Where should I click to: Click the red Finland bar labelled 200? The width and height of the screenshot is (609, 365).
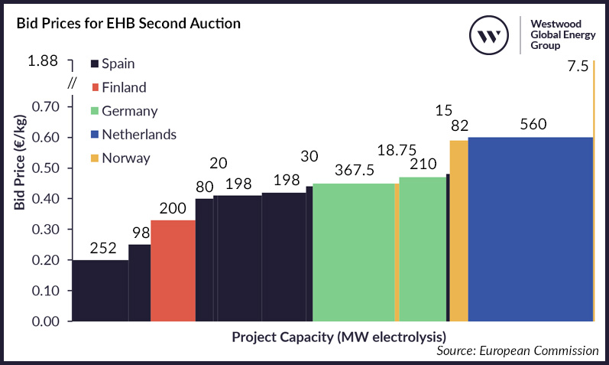(173, 271)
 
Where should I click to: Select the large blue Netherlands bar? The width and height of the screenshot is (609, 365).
(530, 230)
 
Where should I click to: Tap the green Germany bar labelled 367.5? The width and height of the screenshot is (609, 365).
(353, 253)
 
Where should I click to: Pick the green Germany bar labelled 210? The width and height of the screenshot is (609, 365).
(423, 249)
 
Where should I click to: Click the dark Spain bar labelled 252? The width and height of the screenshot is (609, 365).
(100, 291)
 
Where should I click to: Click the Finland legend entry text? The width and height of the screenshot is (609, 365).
(123, 87)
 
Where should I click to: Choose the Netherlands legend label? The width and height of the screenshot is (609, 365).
(138, 135)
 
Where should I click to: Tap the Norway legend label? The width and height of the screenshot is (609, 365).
(125, 158)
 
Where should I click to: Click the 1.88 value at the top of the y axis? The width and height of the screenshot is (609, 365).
(43, 61)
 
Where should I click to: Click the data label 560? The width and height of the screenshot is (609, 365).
(533, 124)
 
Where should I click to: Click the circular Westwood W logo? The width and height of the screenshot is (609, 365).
(488, 35)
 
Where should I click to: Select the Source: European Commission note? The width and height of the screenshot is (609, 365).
(517, 350)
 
